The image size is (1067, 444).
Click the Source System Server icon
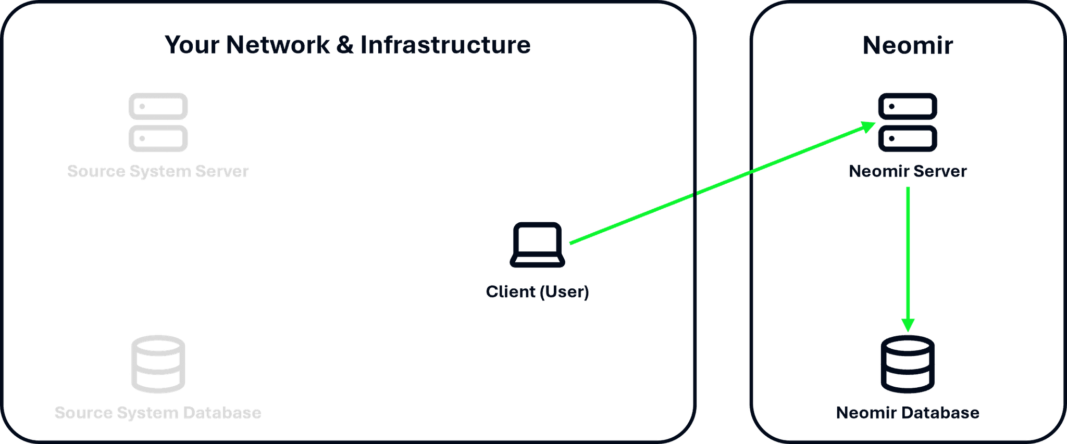click(158, 122)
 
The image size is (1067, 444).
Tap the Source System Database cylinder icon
click(158, 364)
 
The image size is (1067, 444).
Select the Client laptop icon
click(537, 245)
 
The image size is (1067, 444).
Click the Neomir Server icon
click(908, 122)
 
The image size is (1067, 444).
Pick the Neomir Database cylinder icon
click(908, 364)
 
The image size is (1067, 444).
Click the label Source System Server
click(158, 171)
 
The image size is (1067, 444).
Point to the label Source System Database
click(158, 413)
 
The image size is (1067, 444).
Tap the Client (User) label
click(537, 291)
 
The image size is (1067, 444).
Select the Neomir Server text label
click(908, 171)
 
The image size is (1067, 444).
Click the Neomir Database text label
click(908, 413)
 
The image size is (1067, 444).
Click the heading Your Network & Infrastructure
click(348, 45)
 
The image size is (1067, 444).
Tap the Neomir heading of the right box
click(908, 45)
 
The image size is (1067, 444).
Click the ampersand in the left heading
click(345, 45)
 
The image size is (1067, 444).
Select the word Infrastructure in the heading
click(445, 45)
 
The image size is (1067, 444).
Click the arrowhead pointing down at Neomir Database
click(908, 325)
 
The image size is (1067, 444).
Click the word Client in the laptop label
click(510, 291)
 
